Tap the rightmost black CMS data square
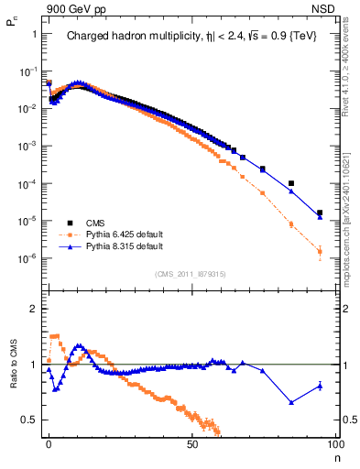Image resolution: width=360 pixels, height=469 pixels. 320,213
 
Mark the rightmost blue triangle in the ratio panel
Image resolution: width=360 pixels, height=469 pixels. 320,386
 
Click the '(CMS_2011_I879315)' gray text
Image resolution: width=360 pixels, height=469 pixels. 191,272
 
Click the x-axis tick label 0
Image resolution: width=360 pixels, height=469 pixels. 49,443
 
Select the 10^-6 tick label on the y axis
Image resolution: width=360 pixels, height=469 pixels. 28,258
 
